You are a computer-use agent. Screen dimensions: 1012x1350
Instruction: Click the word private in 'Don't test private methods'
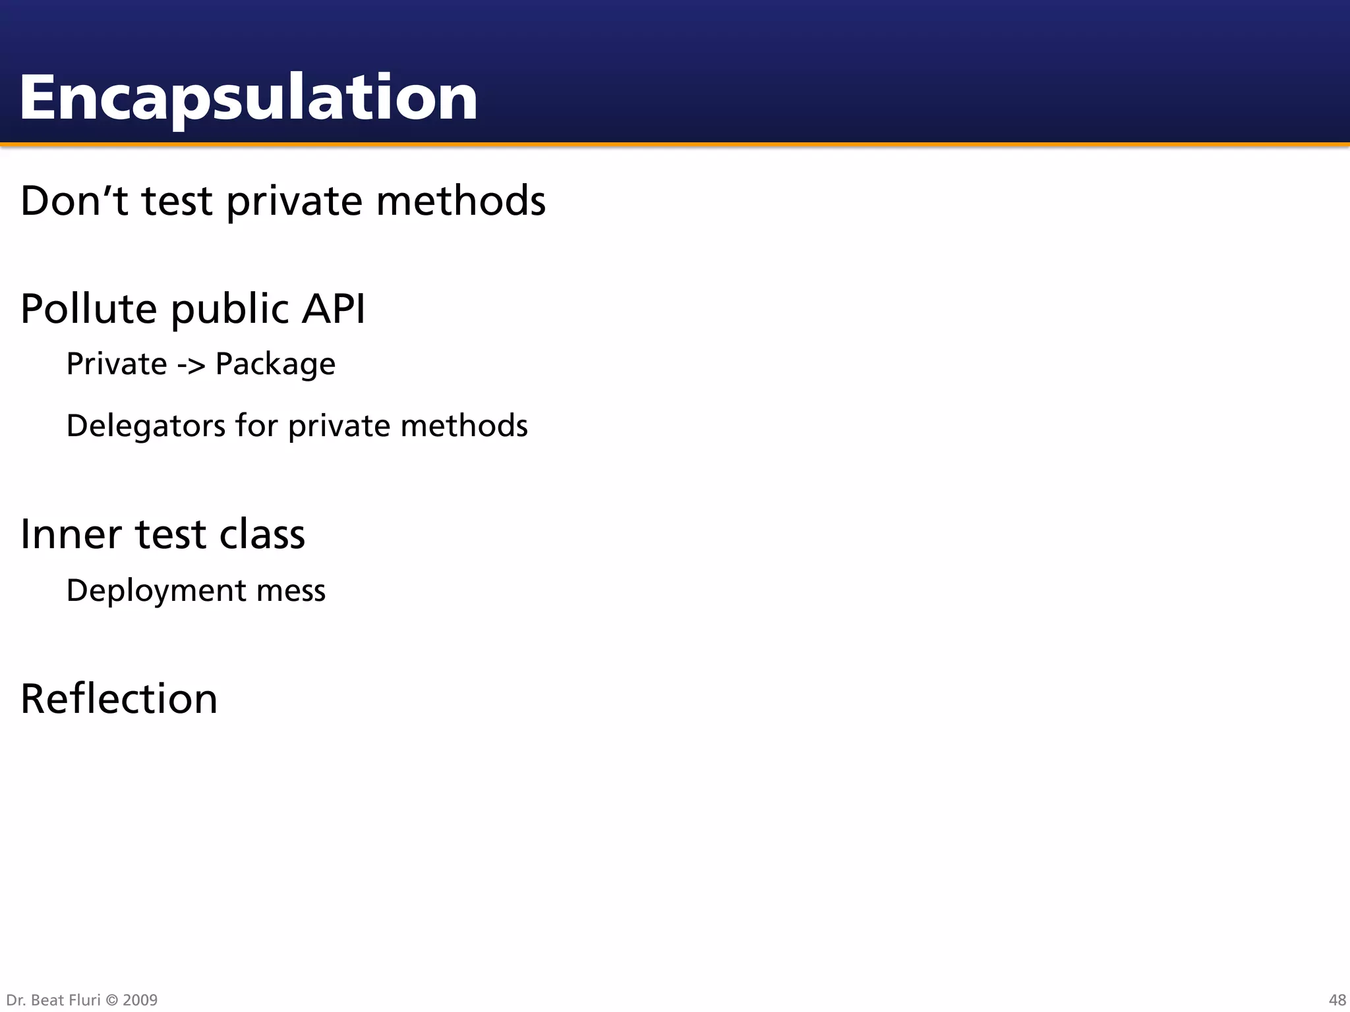[293, 202]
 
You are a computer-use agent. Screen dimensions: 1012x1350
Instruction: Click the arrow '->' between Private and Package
[191, 364]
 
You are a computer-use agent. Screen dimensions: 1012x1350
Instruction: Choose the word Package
[276, 364]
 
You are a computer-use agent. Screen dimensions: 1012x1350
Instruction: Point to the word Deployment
[156, 591]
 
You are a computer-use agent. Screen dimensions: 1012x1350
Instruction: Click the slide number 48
[1337, 1000]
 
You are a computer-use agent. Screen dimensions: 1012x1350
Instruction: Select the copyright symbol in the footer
[111, 1000]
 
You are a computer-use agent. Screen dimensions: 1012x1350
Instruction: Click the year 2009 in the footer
[140, 1000]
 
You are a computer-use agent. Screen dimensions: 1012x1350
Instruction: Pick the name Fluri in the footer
[85, 1000]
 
